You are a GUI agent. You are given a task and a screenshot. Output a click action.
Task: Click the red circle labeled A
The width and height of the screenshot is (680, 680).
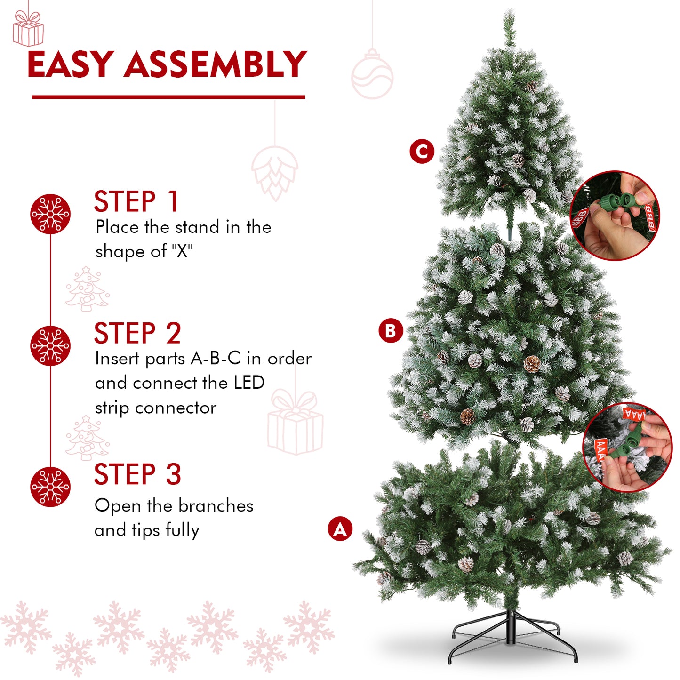click(x=340, y=529)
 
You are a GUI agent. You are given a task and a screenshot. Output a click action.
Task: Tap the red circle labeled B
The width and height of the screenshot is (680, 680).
click(x=391, y=331)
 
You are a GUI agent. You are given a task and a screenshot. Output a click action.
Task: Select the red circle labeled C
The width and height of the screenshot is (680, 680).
click(x=422, y=152)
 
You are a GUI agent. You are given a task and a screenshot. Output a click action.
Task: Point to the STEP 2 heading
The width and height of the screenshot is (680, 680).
click(x=137, y=333)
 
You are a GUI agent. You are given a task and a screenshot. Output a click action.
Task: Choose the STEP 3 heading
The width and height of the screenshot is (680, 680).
click(x=137, y=474)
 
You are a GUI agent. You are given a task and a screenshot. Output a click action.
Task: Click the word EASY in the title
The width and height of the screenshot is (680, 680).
click(x=70, y=64)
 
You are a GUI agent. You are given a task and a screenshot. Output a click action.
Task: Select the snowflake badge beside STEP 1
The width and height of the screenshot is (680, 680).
click(x=50, y=214)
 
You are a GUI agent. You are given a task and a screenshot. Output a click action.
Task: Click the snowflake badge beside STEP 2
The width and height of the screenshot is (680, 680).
click(x=50, y=346)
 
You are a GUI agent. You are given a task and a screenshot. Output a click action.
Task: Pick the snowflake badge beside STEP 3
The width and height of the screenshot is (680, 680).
click(x=50, y=487)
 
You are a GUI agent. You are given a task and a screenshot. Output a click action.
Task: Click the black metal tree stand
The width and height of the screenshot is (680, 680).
click(x=512, y=635)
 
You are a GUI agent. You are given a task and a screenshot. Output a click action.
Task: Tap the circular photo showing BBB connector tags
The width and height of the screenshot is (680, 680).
click(x=615, y=216)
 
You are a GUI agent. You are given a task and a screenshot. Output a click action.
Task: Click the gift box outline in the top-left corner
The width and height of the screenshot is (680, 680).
click(x=28, y=29)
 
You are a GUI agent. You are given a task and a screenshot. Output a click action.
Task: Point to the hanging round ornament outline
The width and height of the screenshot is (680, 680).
click(x=372, y=75)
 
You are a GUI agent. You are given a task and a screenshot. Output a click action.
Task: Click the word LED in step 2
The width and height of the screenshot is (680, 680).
click(x=249, y=383)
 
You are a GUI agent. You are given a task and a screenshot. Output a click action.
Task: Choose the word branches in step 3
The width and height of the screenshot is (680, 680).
click(x=216, y=506)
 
